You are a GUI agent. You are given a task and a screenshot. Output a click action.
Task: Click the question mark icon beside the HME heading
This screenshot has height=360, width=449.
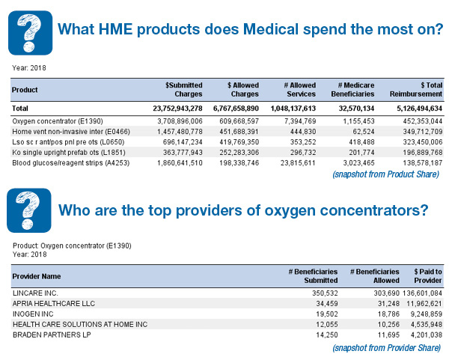31,33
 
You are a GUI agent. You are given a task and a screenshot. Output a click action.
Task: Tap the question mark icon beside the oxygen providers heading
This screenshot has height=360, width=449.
29,210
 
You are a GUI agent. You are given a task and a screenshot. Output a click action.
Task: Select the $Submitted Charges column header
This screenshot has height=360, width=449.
183,90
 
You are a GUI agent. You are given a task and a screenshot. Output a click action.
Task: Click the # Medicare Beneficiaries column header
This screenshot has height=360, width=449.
352,90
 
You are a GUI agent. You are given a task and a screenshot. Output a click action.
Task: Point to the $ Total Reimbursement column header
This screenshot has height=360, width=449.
416,90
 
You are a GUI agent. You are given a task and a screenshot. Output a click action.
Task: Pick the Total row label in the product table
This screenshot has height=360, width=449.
20,109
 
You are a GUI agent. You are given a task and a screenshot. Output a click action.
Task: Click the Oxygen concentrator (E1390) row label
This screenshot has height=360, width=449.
58,121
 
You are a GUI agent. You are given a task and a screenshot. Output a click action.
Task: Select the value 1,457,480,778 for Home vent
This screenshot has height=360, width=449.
180,132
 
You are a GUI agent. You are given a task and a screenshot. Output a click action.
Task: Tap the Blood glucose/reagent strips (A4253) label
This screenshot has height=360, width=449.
71,163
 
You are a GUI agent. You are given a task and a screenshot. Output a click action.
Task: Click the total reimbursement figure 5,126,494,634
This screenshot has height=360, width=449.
420,109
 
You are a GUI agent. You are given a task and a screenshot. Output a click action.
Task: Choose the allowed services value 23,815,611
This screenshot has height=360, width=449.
298,163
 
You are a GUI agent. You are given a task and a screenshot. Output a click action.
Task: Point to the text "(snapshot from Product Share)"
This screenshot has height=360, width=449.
385,174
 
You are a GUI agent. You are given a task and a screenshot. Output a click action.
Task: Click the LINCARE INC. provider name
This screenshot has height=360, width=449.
35,293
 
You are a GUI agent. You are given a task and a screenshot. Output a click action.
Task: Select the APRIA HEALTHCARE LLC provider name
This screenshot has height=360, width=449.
54,304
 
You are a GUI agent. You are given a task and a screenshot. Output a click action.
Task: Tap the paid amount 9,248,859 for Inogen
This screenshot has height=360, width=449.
427,314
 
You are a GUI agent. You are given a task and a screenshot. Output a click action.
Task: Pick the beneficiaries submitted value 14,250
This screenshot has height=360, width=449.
327,335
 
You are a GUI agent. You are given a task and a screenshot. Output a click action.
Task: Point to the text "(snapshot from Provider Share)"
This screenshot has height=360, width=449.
387,348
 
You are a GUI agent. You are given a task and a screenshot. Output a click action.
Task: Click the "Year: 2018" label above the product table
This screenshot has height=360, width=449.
29,68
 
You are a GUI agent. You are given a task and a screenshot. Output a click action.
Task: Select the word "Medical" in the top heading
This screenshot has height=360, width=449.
271,29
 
